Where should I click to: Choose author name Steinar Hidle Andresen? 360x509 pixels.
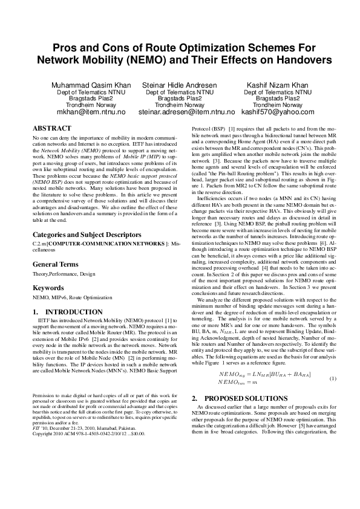[180, 85]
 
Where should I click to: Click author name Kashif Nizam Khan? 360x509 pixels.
[278, 85]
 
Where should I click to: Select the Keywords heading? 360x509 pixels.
[48, 288]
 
